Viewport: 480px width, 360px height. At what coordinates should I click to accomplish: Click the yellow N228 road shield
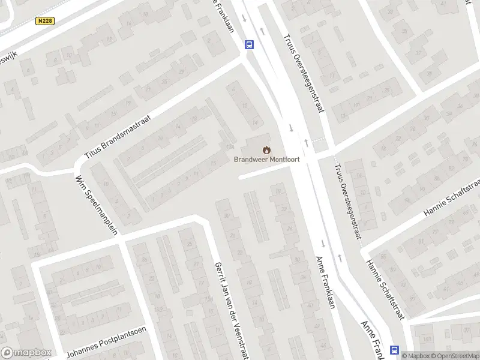(44, 21)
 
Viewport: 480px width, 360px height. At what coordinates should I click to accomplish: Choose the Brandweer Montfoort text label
(266, 160)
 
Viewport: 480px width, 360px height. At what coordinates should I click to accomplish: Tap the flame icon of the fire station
(266, 149)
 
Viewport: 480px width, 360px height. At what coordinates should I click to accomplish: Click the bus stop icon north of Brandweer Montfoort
(249, 44)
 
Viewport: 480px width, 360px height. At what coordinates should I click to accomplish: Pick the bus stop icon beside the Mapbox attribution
(395, 350)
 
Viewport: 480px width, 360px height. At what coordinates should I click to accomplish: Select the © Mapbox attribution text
(415, 356)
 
